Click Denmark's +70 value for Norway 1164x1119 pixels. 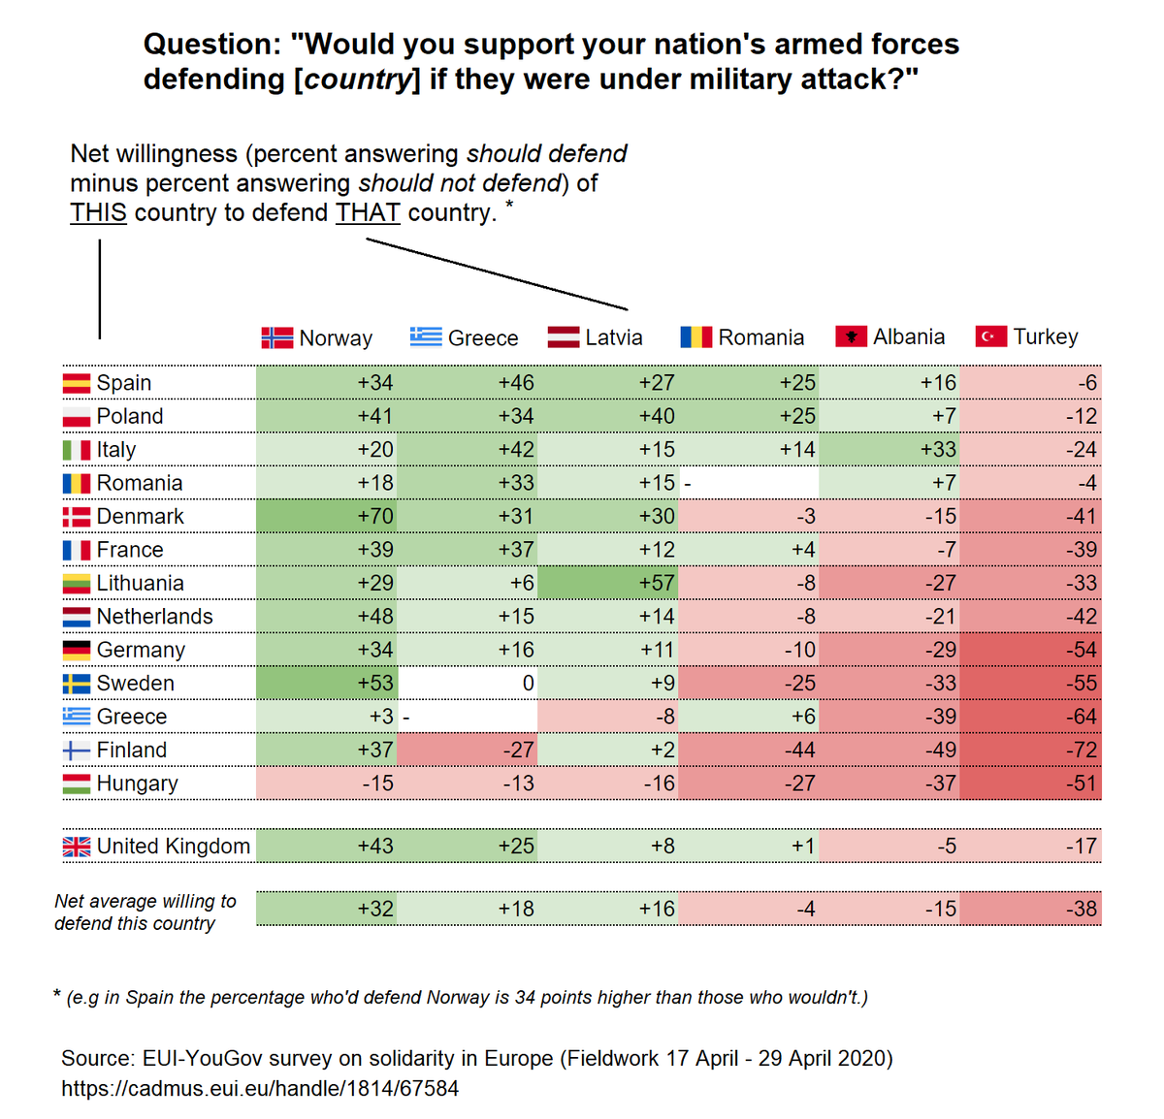click(x=375, y=516)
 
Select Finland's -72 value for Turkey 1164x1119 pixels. click(x=1081, y=749)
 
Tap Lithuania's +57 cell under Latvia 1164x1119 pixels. click(x=656, y=583)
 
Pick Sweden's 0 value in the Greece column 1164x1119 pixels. click(x=528, y=683)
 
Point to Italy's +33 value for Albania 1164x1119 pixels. click(x=938, y=449)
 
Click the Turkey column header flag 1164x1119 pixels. click(x=990, y=336)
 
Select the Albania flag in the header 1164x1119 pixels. click(x=851, y=336)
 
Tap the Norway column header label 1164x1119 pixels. click(x=336, y=337)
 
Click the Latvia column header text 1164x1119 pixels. click(x=614, y=337)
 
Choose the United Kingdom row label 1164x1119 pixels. click(x=174, y=846)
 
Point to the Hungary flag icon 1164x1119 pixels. click(x=77, y=783)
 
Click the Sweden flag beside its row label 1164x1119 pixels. click(x=77, y=683)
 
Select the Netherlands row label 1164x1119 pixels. click(x=154, y=616)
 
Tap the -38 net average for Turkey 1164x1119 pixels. click(x=1081, y=909)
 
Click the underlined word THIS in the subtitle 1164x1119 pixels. click(x=98, y=213)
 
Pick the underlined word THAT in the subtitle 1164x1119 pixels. click(x=368, y=213)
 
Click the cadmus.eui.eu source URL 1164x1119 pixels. click(x=260, y=1088)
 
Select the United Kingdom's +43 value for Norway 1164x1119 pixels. click(x=375, y=846)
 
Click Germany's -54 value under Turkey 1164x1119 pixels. click(x=1081, y=649)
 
